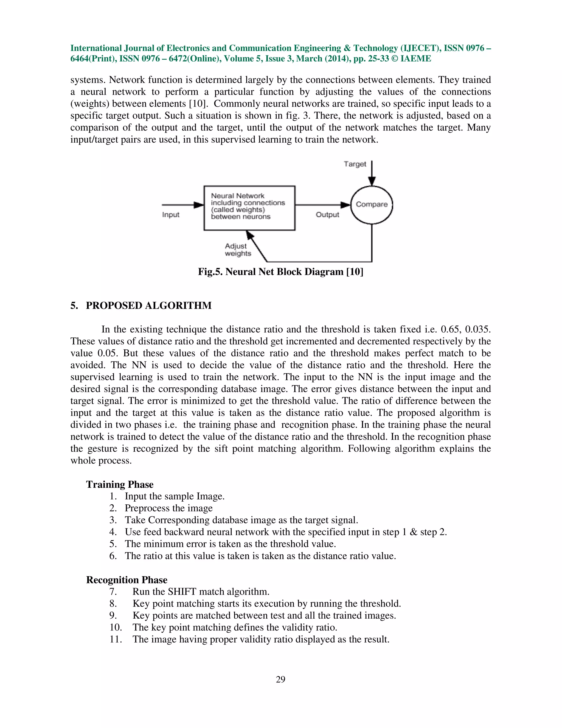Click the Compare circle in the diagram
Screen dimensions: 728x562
(x=372, y=205)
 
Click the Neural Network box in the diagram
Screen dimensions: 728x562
(x=249, y=208)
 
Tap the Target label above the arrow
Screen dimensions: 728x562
(x=355, y=164)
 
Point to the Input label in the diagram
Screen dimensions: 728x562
(x=170, y=215)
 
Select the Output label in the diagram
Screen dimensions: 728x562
(x=327, y=215)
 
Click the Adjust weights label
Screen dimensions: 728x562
(x=238, y=250)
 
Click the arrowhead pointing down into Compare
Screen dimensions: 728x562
(x=372, y=181)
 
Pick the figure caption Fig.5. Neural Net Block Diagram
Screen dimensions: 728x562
(x=280, y=272)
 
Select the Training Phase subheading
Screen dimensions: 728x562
(x=120, y=484)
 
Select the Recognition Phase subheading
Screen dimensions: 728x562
(x=127, y=580)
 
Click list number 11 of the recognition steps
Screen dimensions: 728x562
(x=116, y=639)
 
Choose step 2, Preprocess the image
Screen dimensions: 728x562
(x=168, y=508)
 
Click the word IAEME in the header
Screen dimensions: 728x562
(x=415, y=59)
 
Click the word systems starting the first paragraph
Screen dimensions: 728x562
(x=88, y=80)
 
